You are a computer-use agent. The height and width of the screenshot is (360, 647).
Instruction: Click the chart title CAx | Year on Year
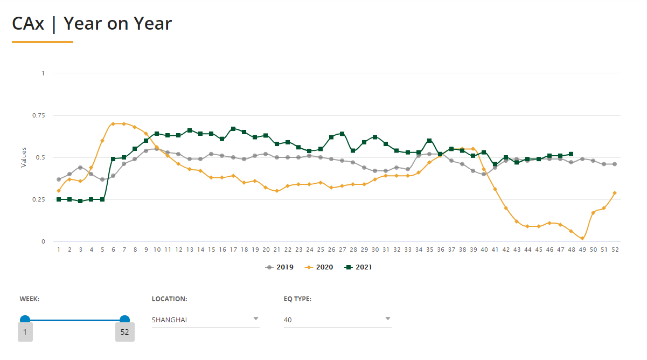(92, 24)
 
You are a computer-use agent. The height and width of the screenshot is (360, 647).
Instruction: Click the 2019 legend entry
(280, 267)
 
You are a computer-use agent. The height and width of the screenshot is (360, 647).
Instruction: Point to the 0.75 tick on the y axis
(39, 115)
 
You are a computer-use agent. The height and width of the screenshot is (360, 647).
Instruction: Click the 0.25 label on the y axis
(39, 199)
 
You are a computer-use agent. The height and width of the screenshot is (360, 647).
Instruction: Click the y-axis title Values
(24, 157)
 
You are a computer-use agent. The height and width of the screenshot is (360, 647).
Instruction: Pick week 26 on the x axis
(331, 250)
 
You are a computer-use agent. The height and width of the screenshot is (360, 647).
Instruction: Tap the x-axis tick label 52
(615, 250)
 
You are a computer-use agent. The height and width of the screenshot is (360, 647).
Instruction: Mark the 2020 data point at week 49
(582, 238)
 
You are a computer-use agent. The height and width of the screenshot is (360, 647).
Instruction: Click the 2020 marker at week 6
(113, 123)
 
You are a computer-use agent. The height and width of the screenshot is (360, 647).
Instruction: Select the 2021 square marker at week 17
(233, 129)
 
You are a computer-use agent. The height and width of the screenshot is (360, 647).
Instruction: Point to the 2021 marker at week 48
(571, 154)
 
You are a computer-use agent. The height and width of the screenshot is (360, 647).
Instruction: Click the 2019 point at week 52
(615, 164)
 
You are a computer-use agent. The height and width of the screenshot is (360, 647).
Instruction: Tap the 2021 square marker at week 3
(81, 201)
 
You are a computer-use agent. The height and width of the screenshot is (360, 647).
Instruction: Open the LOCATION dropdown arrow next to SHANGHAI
(256, 319)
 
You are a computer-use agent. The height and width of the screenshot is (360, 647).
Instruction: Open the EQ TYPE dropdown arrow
(388, 319)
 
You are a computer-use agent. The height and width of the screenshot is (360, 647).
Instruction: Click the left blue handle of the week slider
(25, 320)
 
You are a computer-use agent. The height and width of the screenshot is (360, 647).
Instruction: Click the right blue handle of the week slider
(124, 320)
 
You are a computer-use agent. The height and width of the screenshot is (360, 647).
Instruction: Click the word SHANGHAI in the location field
(169, 320)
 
